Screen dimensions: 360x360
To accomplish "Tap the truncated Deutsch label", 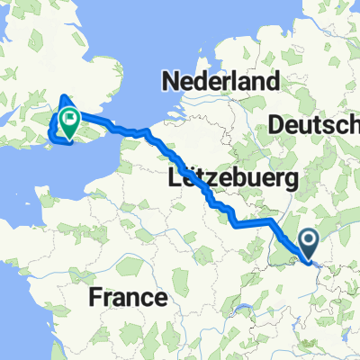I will [320, 123].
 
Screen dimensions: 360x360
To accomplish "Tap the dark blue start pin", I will [309, 241].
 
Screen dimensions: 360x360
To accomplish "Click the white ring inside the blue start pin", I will [309, 239].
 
